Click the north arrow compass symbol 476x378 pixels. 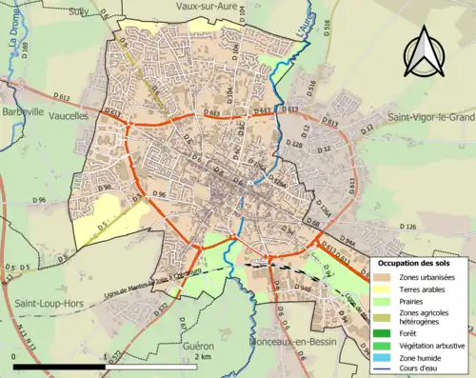425,54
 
